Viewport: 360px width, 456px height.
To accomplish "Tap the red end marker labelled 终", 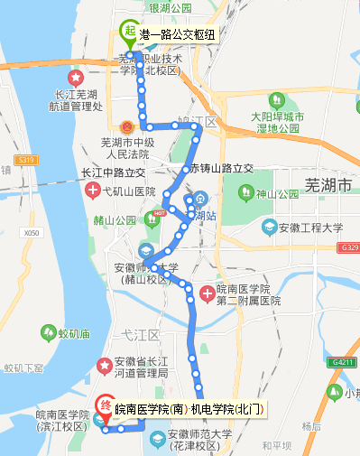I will coord(105,408).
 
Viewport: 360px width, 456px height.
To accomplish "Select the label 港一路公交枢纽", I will coord(178,34).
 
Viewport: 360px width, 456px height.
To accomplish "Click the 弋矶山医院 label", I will coord(129,192).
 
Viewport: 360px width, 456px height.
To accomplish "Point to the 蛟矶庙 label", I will coord(74,334).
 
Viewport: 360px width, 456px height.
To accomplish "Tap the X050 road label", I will coord(33,232).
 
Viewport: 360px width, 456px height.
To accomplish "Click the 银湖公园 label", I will coord(171,8).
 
